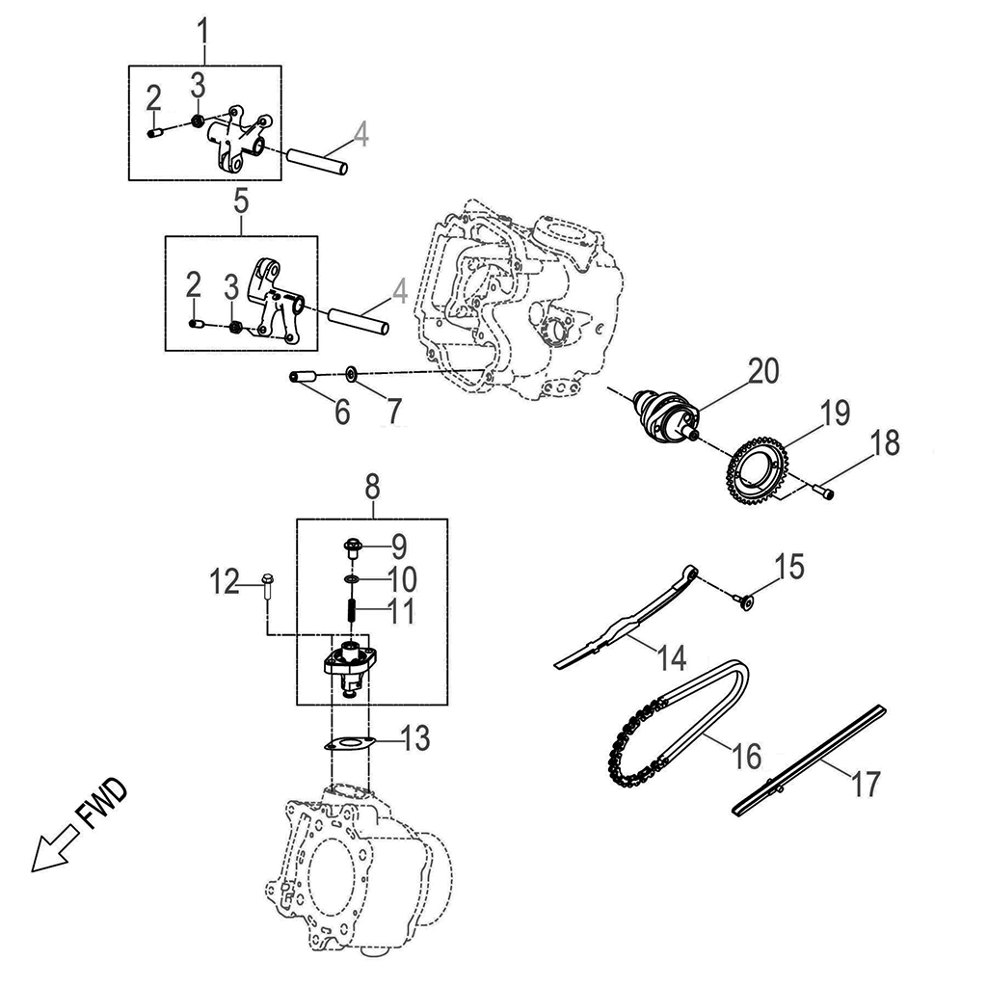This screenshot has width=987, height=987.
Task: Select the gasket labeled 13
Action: click(x=349, y=743)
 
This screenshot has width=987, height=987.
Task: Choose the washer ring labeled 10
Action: click(x=353, y=578)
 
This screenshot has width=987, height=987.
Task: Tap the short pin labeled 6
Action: click(x=304, y=377)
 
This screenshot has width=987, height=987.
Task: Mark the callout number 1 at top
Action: click(x=203, y=31)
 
